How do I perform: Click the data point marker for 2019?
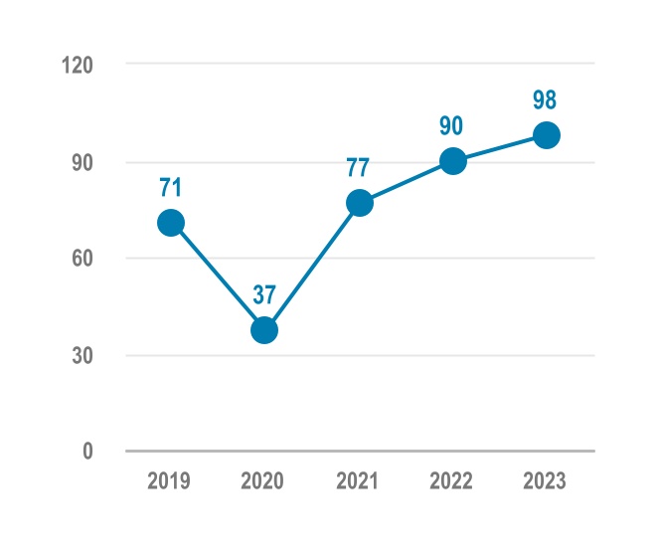pos(171,223)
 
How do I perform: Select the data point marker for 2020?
pos(264,330)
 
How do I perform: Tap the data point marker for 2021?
pos(359,203)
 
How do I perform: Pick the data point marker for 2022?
pos(452,161)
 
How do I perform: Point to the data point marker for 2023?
pos(546,135)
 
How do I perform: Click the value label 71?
pos(171,187)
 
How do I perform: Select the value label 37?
pos(264,295)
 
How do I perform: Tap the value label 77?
pos(359,168)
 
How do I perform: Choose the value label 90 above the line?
pos(452,126)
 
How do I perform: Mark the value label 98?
pos(546,100)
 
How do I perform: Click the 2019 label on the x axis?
pos(169,481)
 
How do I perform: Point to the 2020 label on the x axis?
pos(262,481)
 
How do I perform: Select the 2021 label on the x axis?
pos(357,481)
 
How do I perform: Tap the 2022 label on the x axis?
pos(450,481)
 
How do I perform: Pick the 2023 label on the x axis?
pos(544,481)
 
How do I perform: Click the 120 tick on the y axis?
pos(77,66)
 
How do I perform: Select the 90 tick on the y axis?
pos(82,162)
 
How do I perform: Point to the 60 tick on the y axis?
pos(82,259)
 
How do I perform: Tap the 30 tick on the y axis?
pos(82,355)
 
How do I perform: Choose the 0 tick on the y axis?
pos(87,452)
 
